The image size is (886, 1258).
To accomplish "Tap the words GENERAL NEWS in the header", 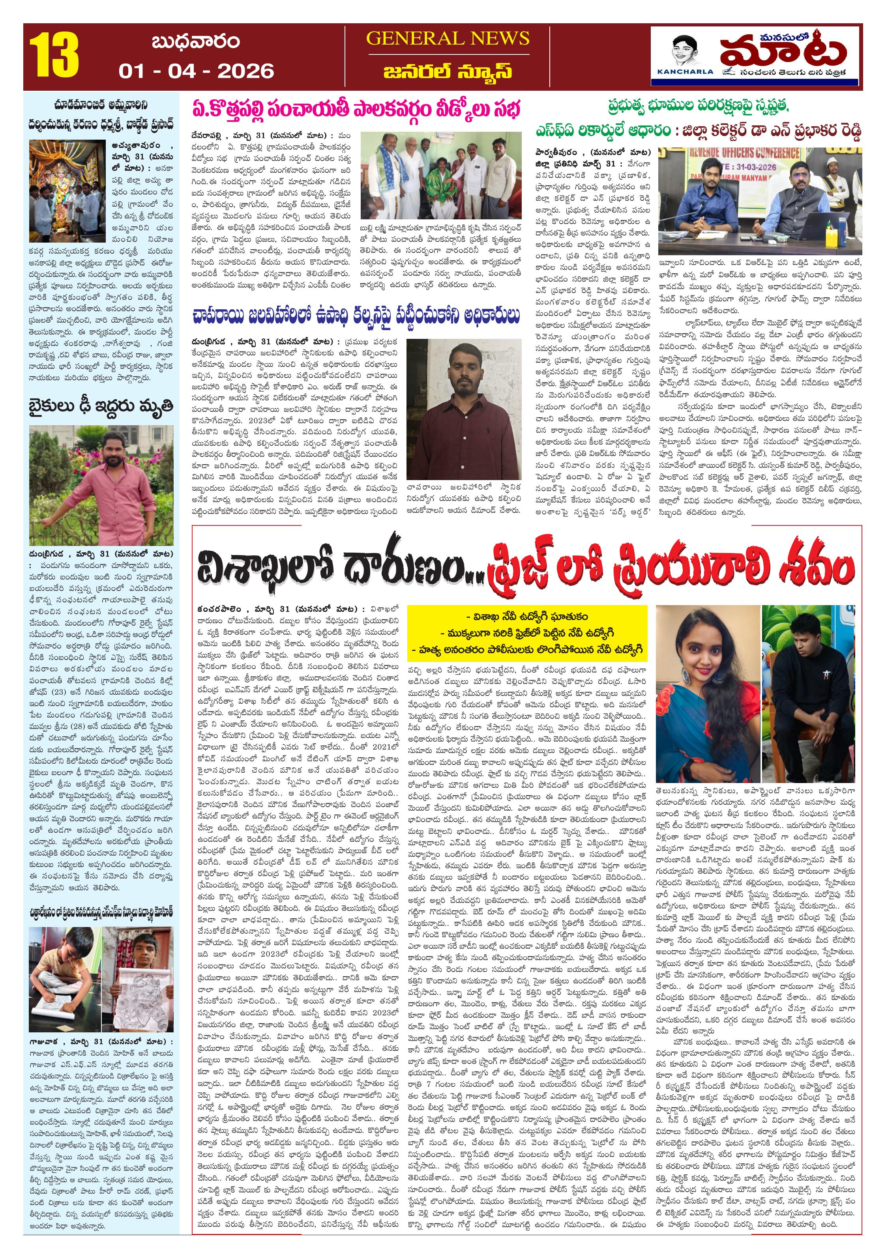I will (x=448, y=38).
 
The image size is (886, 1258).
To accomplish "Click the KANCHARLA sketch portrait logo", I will (x=685, y=55).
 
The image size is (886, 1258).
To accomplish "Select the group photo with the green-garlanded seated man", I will (x=441, y=175).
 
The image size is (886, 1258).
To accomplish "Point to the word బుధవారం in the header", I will (x=195, y=42).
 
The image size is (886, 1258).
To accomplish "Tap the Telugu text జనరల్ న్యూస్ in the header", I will (x=448, y=72).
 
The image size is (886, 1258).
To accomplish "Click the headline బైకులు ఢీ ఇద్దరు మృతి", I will (x=101, y=406).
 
